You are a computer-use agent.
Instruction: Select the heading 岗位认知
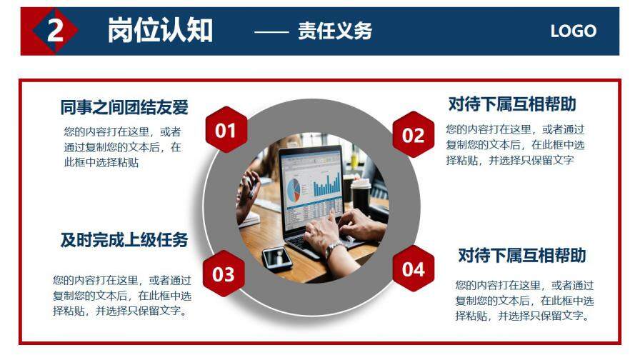[x=160, y=31]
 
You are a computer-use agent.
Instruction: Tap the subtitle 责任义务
[x=335, y=31]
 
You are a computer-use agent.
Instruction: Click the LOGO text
[x=573, y=31]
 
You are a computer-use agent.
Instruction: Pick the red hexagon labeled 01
[x=226, y=130]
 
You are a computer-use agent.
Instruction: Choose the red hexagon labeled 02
[x=414, y=135]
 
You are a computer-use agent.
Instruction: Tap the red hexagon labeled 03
[x=224, y=274]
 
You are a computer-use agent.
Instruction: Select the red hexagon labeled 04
[x=414, y=269]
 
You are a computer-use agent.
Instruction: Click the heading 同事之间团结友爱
[x=124, y=107]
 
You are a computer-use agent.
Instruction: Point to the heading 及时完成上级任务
[x=124, y=240]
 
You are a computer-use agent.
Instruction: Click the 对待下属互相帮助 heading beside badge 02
[x=512, y=104]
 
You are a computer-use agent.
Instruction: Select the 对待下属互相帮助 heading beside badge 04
[x=522, y=255]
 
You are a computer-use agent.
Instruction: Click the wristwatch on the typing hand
[x=334, y=249]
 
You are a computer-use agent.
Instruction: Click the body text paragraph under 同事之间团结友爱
[x=121, y=146]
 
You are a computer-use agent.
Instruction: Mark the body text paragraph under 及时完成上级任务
[x=121, y=295]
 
